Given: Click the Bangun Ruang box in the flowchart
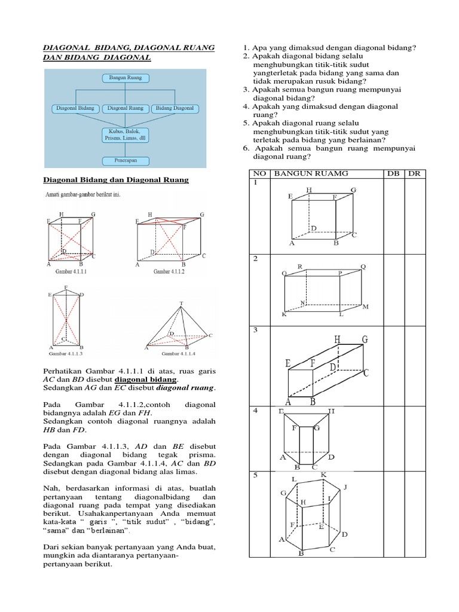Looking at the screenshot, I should click(125, 78).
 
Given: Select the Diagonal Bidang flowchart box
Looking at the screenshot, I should click(74, 109).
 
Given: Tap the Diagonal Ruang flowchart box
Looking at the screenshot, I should click(125, 109).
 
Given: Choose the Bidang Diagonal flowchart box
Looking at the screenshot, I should click(175, 109).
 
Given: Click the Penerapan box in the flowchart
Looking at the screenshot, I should click(125, 160).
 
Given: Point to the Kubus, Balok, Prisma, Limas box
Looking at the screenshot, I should click(125, 134).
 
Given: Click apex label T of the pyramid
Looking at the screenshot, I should click(181, 303).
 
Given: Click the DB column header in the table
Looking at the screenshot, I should click(393, 173).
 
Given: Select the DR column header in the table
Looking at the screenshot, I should click(414, 173).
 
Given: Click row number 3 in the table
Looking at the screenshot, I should click(255, 330).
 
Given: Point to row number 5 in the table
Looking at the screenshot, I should click(255, 476).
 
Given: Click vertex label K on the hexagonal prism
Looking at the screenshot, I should click(323, 475).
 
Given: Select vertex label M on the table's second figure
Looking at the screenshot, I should click(366, 307).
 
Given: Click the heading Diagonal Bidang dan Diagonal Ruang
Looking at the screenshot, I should click(117, 180).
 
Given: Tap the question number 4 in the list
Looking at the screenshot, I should click(245, 106).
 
